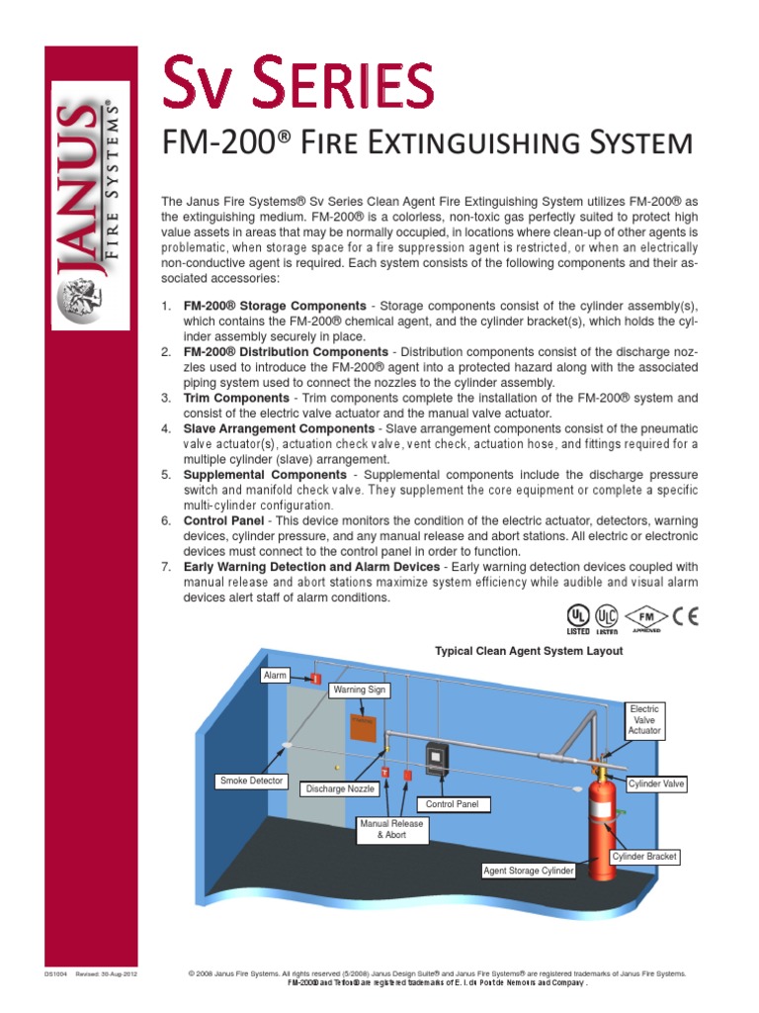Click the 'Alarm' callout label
(x=275, y=676)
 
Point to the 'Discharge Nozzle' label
(x=340, y=788)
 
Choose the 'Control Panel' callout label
(x=453, y=804)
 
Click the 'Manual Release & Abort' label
(x=391, y=829)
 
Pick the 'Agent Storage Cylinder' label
(x=527, y=871)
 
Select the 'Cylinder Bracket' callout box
(x=644, y=856)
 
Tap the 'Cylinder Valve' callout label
(x=656, y=783)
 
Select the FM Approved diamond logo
(x=646, y=618)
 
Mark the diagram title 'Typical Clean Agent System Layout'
(x=529, y=651)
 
